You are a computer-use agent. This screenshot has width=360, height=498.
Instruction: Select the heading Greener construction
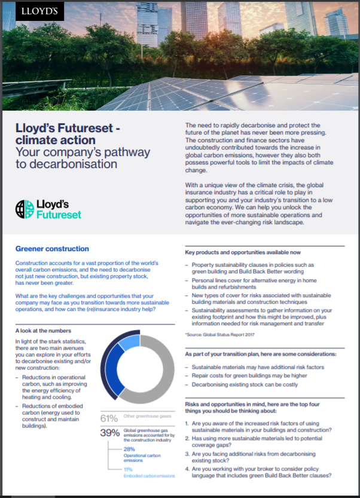(x=52, y=249)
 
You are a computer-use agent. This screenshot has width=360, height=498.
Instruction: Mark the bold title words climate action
(x=55, y=139)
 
